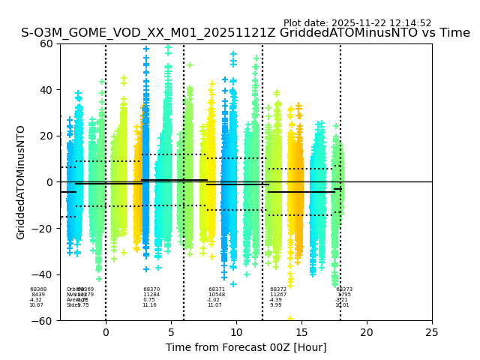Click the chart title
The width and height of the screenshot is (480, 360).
[245, 34]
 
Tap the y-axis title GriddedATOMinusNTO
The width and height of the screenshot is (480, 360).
[21, 182]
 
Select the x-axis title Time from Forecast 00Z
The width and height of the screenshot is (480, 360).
[246, 347]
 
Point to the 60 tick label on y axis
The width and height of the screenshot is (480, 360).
[46, 43]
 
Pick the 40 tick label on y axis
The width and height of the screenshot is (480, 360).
[46, 90]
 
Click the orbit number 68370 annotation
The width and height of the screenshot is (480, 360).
[151, 289]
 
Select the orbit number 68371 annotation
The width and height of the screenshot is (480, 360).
[217, 289]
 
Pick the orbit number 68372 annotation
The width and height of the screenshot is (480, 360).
[278, 289]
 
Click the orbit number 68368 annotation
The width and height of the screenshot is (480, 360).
[38, 289]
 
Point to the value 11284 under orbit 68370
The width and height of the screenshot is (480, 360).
[151, 295]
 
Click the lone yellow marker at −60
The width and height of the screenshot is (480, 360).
[290, 319]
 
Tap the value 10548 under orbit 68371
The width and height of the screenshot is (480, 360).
[217, 295]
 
